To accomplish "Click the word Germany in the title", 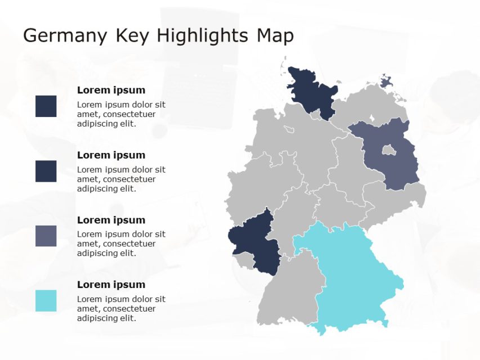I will (x=64, y=36).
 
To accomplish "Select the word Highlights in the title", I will (x=202, y=36).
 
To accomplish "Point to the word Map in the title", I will (x=275, y=36).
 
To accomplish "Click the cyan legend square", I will (x=46, y=301).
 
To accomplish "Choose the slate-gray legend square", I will (x=46, y=236).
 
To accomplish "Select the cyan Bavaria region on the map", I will (x=355, y=276).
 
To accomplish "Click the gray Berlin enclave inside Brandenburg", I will (x=388, y=150).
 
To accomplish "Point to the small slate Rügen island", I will (x=386, y=82).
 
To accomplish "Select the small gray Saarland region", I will (x=243, y=260).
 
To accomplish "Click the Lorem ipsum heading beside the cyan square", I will (x=111, y=285).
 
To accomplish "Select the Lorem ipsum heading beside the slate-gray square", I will (x=111, y=220).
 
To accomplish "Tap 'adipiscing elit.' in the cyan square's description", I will (x=106, y=318).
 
